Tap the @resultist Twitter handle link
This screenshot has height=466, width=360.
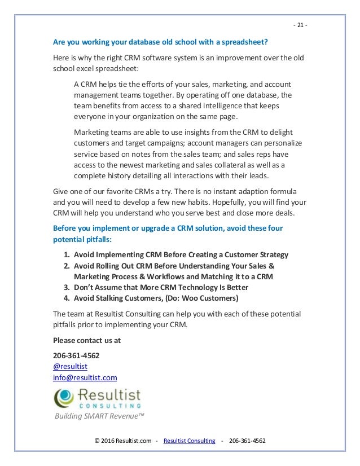pyautogui.click(x=70, y=366)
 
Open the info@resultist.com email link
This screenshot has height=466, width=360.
pyautogui.click(x=85, y=377)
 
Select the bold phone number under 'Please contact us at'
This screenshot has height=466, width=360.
pyautogui.click(x=76, y=355)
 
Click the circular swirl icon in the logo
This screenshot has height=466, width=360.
pyautogui.click(x=64, y=398)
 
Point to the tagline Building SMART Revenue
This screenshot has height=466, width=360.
pyautogui.click(x=99, y=416)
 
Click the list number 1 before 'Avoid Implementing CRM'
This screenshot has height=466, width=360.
pyautogui.click(x=67, y=254)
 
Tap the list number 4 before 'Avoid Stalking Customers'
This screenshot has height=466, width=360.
pyautogui.click(x=67, y=298)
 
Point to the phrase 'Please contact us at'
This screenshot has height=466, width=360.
pyautogui.click(x=86, y=340)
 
